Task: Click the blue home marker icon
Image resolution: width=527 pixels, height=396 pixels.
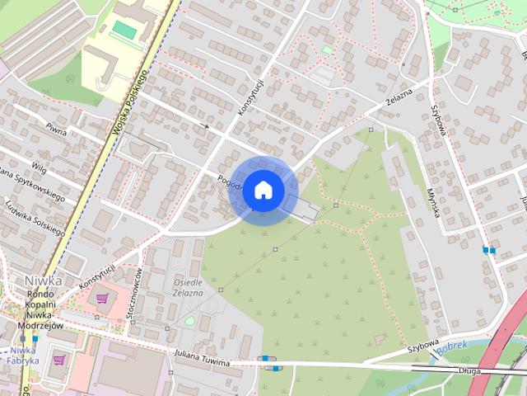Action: click(263, 190)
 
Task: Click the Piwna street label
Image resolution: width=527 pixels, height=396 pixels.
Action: click(56, 128)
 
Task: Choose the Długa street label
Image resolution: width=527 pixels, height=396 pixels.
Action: click(472, 372)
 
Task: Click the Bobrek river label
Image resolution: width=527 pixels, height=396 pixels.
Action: click(452, 346)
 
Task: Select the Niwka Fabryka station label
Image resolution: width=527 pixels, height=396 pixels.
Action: click(23, 354)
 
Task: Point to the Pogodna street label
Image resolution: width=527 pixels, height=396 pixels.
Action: click(230, 184)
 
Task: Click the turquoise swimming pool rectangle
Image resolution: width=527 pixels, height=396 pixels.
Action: click(125, 30)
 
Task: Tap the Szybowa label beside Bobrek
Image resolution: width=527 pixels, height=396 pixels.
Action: click(423, 346)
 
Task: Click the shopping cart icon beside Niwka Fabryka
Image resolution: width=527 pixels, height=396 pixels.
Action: click(60, 360)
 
